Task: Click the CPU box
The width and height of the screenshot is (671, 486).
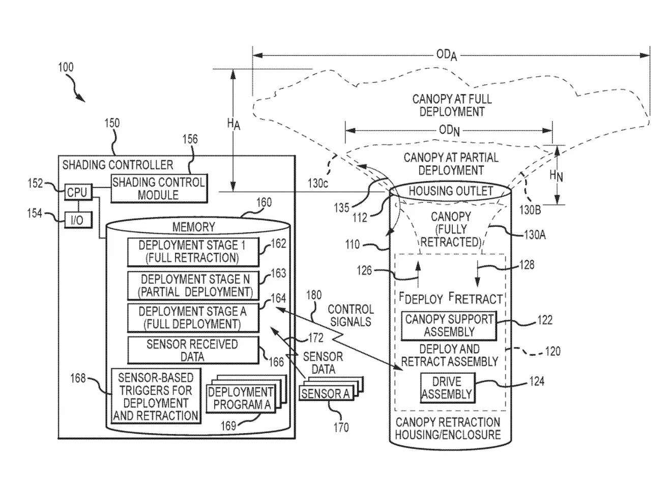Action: click(x=78, y=192)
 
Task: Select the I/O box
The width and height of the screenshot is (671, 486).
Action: click(x=78, y=220)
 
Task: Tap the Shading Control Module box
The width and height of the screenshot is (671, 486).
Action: click(x=159, y=189)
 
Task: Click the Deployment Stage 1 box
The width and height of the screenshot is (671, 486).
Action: click(x=193, y=252)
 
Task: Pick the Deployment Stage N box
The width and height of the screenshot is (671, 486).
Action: click(x=193, y=286)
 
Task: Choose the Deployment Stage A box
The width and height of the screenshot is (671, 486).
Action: click(x=193, y=318)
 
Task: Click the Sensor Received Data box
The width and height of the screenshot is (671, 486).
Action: click(x=193, y=350)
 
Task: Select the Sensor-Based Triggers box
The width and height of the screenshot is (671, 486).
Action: click(x=156, y=396)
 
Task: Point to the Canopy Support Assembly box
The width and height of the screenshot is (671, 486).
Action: click(x=449, y=326)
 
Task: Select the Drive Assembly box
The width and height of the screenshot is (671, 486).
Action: click(x=448, y=388)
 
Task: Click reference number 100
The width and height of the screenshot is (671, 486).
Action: click(x=66, y=67)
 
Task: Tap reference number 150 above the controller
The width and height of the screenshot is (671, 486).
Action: click(x=112, y=123)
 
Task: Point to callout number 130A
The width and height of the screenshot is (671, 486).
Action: click(x=535, y=235)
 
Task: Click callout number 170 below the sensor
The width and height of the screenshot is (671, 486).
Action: click(x=341, y=428)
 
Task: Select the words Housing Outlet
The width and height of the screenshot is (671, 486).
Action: click(x=451, y=191)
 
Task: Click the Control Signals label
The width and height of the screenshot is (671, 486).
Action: click(x=351, y=316)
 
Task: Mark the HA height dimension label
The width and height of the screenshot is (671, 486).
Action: click(x=234, y=124)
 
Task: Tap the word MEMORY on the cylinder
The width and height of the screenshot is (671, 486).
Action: click(x=194, y=227)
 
